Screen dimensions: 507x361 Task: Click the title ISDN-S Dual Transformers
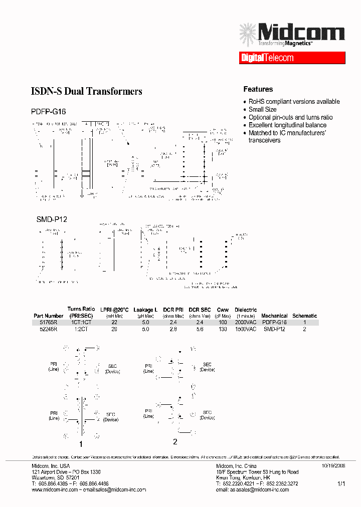87,91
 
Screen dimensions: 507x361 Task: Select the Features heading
258,89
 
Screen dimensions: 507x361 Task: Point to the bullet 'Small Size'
263,109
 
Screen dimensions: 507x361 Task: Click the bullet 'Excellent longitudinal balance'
287,125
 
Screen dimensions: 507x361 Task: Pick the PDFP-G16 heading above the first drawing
51,111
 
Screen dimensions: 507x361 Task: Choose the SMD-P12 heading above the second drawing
52,219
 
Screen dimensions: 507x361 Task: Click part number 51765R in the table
49,323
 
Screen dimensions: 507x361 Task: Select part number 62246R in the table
49,329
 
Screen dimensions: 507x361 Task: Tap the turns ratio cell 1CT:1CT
81,323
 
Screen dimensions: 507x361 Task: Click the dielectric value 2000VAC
246,323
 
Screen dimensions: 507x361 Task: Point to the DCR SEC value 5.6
200,329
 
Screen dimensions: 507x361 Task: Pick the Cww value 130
223,329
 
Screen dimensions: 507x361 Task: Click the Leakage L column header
145,310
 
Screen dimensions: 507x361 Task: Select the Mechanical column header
274,316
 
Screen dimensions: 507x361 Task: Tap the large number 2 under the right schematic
175,441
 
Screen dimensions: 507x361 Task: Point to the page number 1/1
341,484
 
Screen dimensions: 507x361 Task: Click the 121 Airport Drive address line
66,472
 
